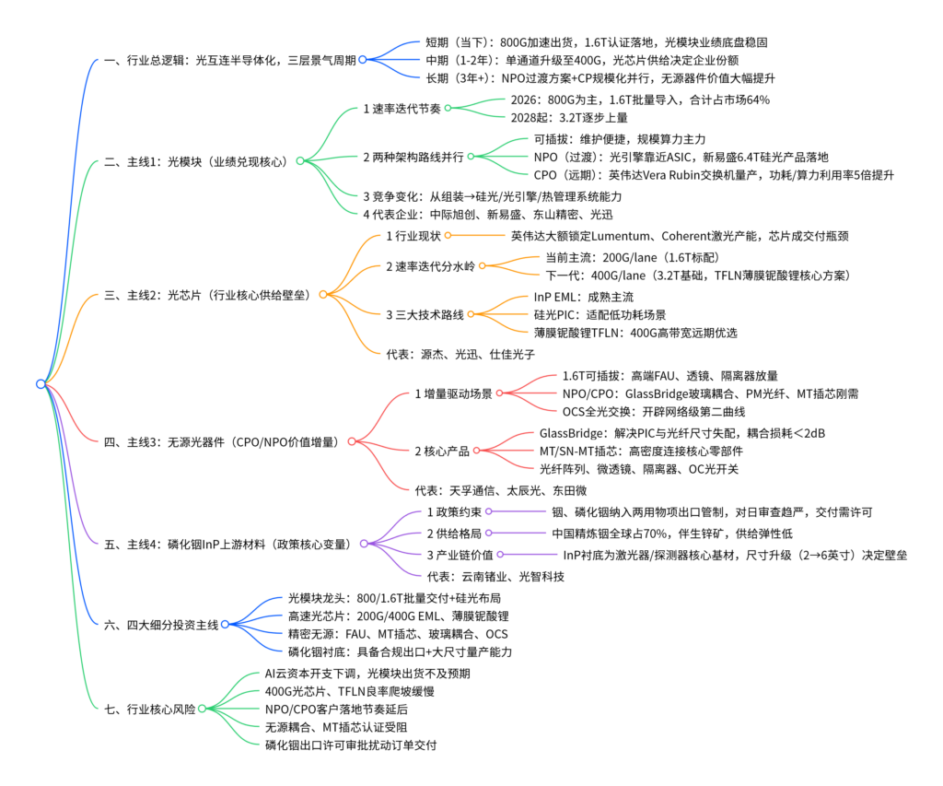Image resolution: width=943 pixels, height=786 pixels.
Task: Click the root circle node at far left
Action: pyautogui.click(x=41, y=384)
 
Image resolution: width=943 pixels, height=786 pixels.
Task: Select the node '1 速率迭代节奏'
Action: pyautogui.click(x=402, y=109)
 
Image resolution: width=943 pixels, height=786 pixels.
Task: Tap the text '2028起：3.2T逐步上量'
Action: pyautogui.click(x=569, y=117)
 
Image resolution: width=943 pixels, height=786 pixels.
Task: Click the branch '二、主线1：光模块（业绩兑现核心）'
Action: pyautogui.click(x=196, y=161)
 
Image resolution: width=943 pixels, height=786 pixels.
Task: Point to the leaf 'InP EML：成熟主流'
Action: pyautogui.click(x=583, y=297)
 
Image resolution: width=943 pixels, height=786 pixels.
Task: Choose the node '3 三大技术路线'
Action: pyautogui.click(x=425, y=315)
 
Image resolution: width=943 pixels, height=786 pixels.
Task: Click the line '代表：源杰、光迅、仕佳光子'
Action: pyautogui.click(x=460, y=354)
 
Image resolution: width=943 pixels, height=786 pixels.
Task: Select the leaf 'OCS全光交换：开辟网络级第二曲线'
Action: pyautogui.click(x=654, y=412)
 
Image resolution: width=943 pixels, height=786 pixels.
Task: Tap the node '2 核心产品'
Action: pyautogui.click(x=442, y=451)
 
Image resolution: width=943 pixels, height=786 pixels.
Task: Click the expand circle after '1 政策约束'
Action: pyautogui.click(x=489, y=511)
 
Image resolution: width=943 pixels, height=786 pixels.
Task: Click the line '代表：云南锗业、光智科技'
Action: pyautogui.click(x=495, y=577)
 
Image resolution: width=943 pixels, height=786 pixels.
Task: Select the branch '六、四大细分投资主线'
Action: pyautogui.click(x=161, y=625)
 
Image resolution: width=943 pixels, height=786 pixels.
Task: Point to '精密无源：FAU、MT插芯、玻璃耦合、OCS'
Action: pyautogui.click(x=398, y=634)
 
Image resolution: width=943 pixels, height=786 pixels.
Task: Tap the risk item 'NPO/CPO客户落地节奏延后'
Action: pyautogui.click(x=336, y=709)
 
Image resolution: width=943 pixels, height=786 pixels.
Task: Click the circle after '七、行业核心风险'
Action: pyautogui.click(x=202, y=709)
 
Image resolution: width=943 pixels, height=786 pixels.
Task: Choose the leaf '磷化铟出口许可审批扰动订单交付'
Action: pyautogui.click(x=351, y=745)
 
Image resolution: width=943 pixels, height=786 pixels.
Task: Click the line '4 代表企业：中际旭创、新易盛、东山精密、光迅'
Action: pyautogui.click(x=488, y=215)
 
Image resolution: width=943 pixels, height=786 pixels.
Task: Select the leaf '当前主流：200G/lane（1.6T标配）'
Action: pyautogui.click(x=633, y=258)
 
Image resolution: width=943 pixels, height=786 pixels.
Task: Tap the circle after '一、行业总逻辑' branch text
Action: pyautogui.click(x=362, y=60)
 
